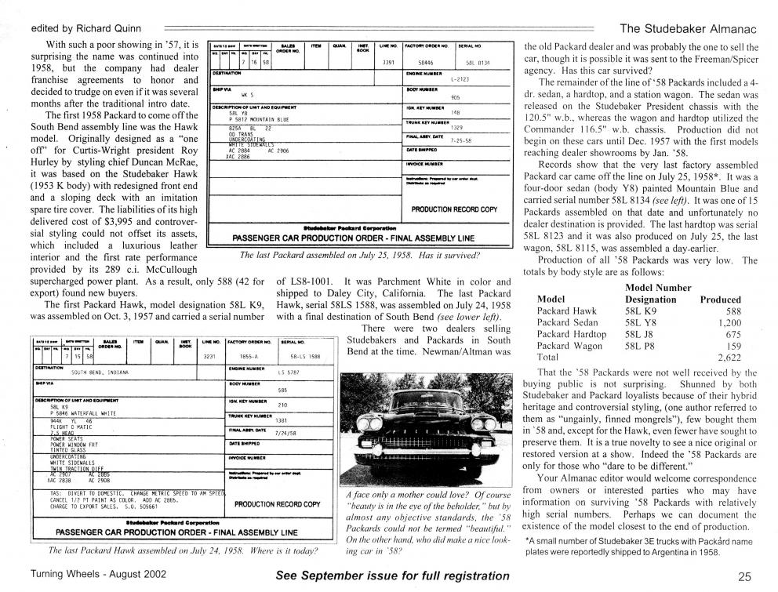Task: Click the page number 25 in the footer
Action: pyautogui.click(x=744, y=576)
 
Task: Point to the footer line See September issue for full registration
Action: pyautogui.click(x=392, y=576)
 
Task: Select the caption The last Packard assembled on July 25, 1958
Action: pyautogui.click(x=359, y=255)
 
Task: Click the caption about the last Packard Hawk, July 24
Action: pyautogui.click(x=177, y=550)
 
